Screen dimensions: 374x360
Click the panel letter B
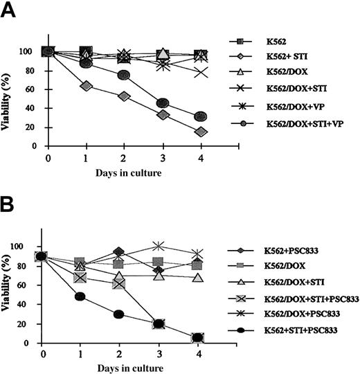tap(11, 205)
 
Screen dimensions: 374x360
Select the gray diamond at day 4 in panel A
tap(201, 132)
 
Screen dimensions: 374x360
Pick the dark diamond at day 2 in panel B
tap(119, 252)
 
